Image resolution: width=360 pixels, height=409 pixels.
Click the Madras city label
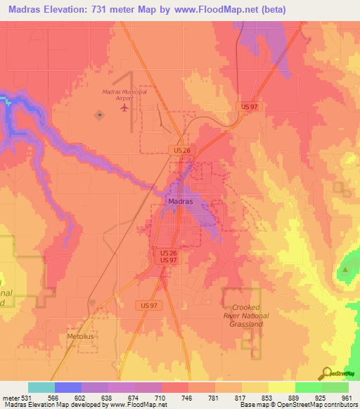[x=181, y=201]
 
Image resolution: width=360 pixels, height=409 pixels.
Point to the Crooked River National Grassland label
[x=246, y=316]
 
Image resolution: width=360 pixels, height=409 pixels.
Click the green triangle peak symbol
[x=345, y=269]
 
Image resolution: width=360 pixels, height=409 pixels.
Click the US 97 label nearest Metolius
[x=147, y=305]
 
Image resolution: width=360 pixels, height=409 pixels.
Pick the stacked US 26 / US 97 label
[x=167, y=257]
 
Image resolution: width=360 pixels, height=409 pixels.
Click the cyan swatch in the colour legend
[x=41, y=387]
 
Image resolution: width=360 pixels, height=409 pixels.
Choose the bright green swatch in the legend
[x=308, y=387]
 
